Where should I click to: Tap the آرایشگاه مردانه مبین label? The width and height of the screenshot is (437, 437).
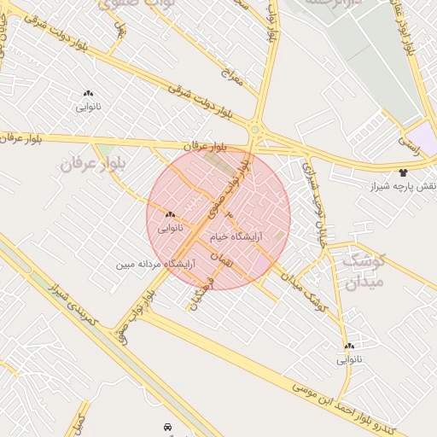click(156, 265)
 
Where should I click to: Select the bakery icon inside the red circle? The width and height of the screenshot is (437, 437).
click(170, 214)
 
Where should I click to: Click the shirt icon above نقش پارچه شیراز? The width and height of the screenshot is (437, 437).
click(403, 172)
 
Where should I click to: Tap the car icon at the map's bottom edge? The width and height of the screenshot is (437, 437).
click(166, 425)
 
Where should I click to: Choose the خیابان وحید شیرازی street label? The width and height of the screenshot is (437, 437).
click(315, 197)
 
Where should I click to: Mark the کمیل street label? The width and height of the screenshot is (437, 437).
click(79, 422)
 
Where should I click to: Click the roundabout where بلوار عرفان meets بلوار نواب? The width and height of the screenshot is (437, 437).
click(253, 130)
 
